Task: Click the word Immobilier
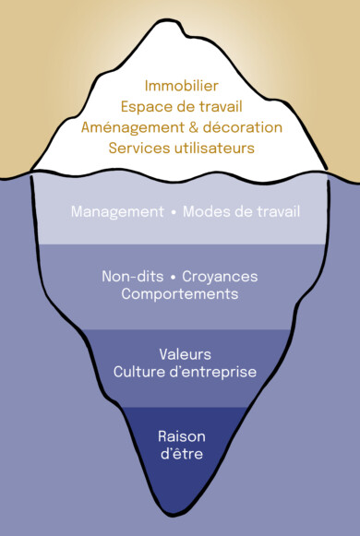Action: [x=181, y=87]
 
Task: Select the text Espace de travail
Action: [x=181, y=107]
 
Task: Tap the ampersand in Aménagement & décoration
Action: [x=194, y=126]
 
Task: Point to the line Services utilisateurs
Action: [x=181, y=147]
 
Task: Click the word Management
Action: [x=117, y=212]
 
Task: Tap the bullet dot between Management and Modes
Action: [x=173, y=212]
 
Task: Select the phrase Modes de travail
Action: [x=242, y=212]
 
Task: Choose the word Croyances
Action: [x=220, y=276]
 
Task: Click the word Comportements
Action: [x=181, y=294]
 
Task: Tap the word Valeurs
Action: [x=184, y=353]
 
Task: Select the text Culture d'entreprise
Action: [x=184, y=372]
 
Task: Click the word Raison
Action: [x=181, y=435]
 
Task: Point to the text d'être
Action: [x=181, y=455]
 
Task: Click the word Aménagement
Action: [x=132, y=126]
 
